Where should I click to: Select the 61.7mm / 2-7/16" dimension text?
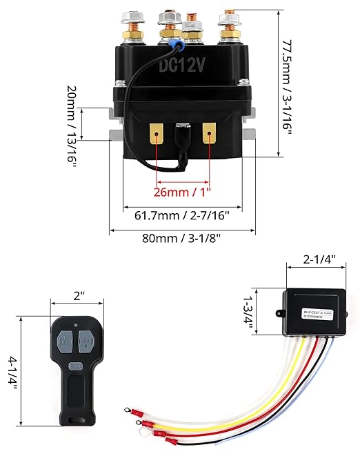coord(182,216)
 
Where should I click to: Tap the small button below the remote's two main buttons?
coord(77,366)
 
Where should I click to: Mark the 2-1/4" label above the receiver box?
coord(320,260)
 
